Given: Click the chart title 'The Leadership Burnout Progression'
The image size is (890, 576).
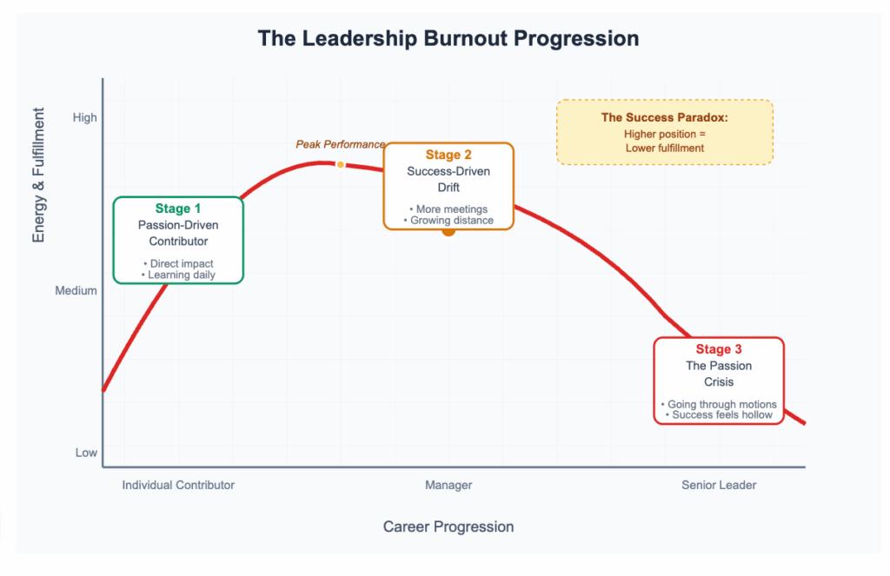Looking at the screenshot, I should click(448, 39).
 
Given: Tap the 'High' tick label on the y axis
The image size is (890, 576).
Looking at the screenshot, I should click(85, 118).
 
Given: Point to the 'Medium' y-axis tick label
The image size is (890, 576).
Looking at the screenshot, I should click(76, 291).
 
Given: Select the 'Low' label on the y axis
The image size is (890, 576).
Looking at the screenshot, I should click(86, 453).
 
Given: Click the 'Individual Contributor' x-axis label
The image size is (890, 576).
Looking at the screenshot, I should click(178, 485).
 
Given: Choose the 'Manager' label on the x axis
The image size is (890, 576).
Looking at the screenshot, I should click(448, 485).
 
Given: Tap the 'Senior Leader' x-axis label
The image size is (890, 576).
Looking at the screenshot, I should click(719, 485).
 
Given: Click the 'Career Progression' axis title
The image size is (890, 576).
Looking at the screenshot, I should click(448, 526).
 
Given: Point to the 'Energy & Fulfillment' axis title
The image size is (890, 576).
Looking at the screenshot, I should click(38, 175).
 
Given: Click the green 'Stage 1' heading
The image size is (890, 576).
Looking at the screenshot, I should click(178, 209).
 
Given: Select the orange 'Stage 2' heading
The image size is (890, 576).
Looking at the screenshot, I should click(448, 156).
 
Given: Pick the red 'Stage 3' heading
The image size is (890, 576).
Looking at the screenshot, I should click(719, 350).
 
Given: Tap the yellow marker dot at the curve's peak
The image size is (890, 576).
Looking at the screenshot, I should click(341, 164).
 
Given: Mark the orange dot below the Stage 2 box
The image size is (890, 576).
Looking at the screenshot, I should click(448, 230).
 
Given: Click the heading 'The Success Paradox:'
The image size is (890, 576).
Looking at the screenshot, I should click(664, 117).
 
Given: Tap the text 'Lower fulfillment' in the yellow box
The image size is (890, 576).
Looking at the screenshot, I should click(664, 148).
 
